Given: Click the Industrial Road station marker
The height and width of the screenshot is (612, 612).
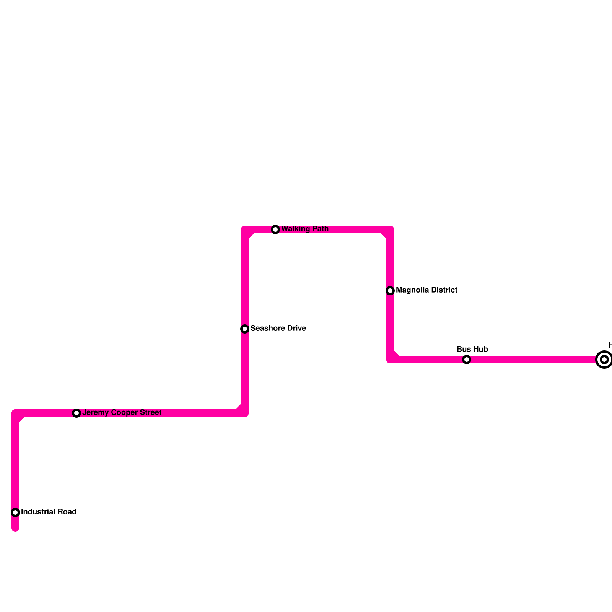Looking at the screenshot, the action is tap(15, 512).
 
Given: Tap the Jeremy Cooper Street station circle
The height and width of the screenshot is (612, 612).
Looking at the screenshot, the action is tap(76, 413).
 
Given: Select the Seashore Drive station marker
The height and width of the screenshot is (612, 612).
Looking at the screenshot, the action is tap(245, 329).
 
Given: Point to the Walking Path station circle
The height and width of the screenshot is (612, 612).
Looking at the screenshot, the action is tap(275, 229).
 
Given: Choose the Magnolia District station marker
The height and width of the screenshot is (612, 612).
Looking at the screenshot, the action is tap(390, 291).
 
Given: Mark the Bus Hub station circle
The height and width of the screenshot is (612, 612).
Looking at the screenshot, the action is tap(467, 360).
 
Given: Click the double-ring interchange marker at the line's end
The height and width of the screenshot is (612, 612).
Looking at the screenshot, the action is tap(604, 360).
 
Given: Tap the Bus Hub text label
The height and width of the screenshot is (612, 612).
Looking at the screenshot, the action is tap(472, 350).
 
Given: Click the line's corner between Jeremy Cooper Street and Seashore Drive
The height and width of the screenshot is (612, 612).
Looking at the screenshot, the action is tap(245, 413).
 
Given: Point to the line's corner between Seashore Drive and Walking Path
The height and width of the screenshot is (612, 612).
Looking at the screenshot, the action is tap(245, 229).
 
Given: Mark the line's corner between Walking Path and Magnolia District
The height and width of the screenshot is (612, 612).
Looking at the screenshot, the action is tap(390, 229).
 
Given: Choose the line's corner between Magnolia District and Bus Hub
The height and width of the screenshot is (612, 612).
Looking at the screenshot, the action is tap(390, 360).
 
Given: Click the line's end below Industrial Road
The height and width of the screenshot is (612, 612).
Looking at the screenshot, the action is tap(15, 529).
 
